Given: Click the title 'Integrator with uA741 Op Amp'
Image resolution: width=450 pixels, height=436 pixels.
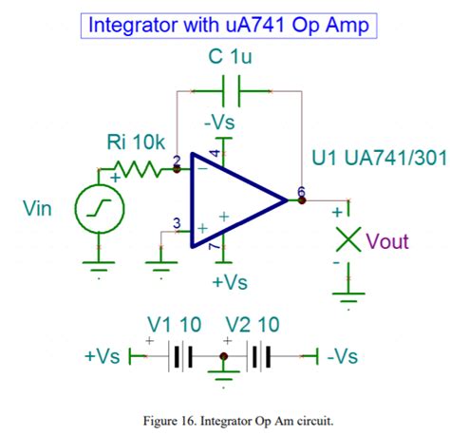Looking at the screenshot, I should click(x=225, y=23).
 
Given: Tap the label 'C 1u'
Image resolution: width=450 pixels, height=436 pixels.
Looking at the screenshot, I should click(x=230, y=58).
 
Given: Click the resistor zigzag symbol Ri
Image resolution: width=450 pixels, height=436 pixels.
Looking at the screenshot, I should click(x=141, y=171).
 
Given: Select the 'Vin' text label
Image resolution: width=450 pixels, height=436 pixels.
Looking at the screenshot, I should click(x=39, y=208).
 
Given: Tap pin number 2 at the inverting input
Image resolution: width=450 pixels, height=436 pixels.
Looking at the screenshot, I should click(x=178, y=161).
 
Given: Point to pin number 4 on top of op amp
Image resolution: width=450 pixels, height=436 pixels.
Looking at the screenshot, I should click(x=215, y=153).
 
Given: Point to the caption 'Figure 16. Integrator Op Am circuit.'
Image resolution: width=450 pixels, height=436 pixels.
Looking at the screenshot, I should click(x=225, y=415).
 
